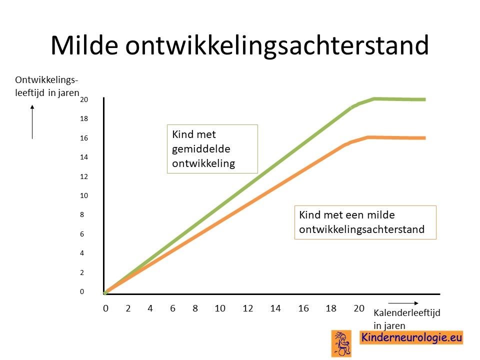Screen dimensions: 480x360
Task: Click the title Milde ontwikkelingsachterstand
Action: (239, 45)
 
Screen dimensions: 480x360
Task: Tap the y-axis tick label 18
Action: (84, 119)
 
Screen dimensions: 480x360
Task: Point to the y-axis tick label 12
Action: (84, 176)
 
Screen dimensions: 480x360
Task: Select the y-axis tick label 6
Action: (82, 234)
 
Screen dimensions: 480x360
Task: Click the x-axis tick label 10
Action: (220, 308)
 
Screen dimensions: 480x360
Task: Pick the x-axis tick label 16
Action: (303, 308)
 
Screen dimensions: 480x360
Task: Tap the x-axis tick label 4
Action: (150, 308)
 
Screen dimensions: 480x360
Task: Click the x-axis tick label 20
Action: (359, 308)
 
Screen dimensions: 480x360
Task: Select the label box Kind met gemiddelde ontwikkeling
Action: (212, 149)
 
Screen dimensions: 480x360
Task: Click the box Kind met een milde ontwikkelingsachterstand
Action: (365, 222)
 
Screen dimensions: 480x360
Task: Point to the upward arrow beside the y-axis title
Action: (32, 122)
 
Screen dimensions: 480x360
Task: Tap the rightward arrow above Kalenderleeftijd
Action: (403, 303)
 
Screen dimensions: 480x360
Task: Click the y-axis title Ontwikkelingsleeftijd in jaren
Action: (47, 86)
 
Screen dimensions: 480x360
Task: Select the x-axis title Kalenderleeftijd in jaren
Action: (406, 319)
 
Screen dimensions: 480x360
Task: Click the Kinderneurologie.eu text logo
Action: (411, 337)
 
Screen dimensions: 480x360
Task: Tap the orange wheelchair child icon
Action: (341, 343)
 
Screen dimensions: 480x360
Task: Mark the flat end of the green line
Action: (425, 99)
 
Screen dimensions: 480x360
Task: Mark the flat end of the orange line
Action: (425, 138)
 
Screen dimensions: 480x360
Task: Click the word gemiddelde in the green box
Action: (201, 149)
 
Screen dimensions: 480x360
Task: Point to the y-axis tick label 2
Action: (82, 273)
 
